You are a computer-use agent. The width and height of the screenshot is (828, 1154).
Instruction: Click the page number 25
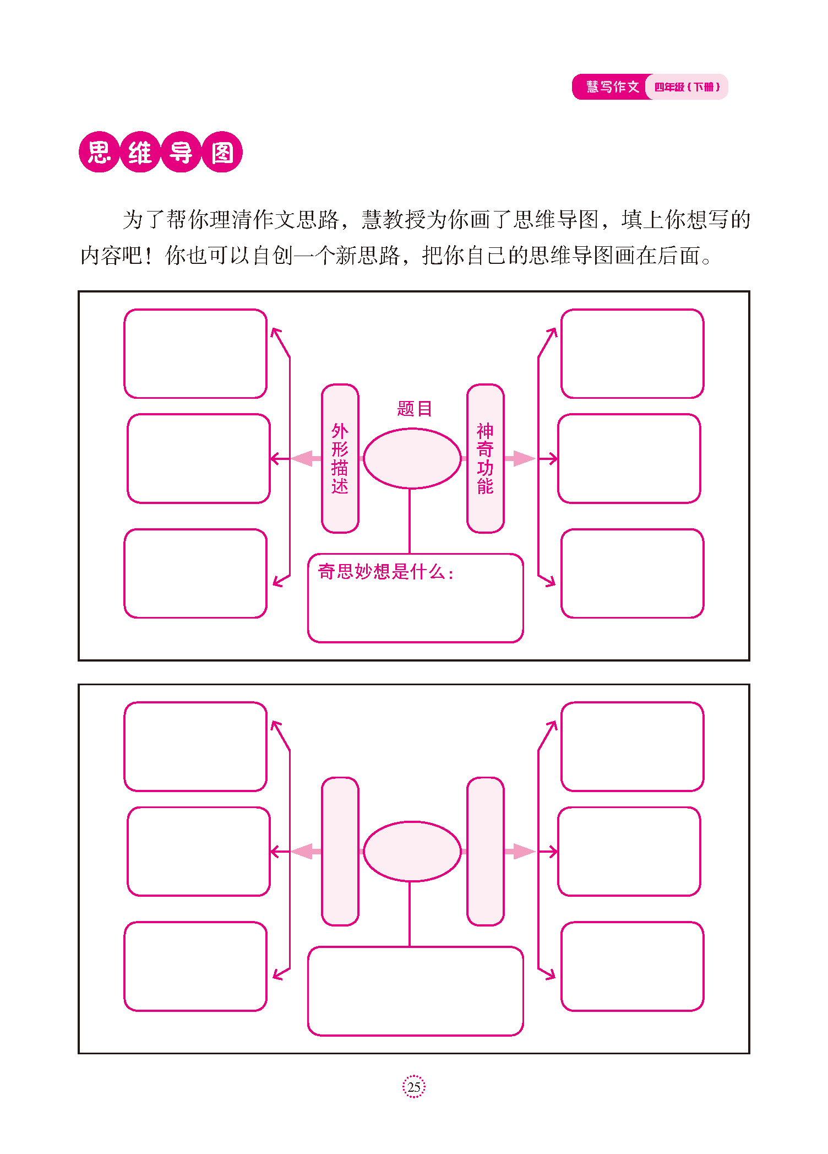click(413, 1087)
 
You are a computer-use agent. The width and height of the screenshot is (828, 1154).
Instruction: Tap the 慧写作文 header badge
click(612, 87)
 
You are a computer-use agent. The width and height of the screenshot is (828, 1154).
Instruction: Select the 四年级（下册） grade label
click(687, 87)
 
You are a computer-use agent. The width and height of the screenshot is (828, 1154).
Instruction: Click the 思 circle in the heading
click(99, 152)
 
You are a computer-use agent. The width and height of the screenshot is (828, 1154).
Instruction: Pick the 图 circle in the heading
click(222, 152)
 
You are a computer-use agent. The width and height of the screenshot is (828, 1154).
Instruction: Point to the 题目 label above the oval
click(414, 409)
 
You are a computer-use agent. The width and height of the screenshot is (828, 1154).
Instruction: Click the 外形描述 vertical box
click(340, 458)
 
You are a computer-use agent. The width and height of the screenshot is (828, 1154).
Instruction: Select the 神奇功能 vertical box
click(485, 458)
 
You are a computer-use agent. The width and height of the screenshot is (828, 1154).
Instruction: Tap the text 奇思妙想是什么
click(385, 572)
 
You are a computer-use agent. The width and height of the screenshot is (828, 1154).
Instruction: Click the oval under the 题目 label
click(412, 458)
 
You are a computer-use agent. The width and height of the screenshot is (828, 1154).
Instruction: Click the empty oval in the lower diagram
click(412, 852)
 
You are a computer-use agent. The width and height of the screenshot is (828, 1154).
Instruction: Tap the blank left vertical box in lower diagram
click(340, 852)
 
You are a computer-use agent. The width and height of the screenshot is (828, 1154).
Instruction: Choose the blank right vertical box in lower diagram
click(485, 852)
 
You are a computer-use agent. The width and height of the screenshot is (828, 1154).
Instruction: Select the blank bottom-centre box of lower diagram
click(415, 992)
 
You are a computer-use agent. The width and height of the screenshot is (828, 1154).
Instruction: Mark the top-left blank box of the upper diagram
click(195, 354)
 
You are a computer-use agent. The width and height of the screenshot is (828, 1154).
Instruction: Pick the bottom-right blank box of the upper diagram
click(632, 573)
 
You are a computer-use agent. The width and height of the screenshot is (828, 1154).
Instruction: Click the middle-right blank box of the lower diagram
click(629, 852)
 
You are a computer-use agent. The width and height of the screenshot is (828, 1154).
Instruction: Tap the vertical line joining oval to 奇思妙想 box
click(410, 521)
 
